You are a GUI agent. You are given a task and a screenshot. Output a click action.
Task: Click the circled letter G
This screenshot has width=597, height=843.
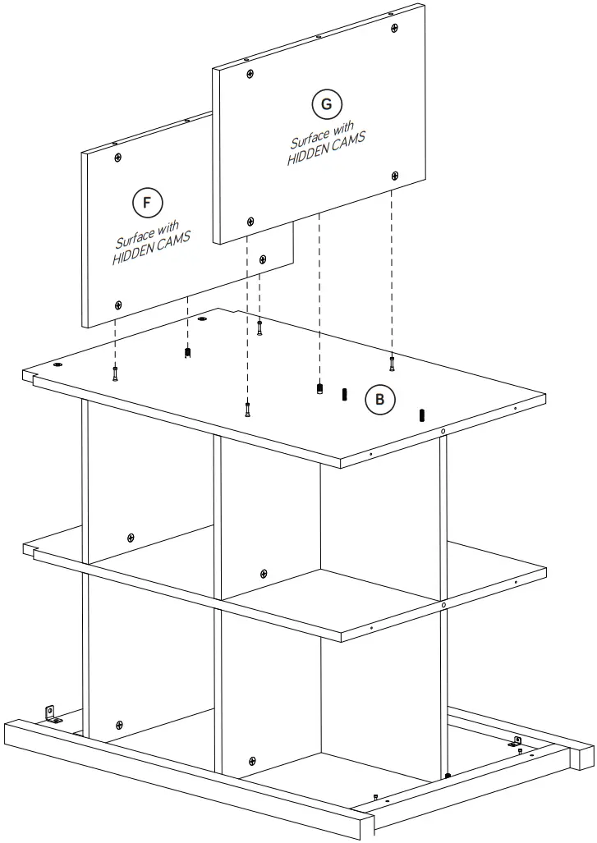coord(327,104)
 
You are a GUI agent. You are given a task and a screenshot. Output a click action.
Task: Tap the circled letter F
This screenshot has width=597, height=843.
coord(147,202)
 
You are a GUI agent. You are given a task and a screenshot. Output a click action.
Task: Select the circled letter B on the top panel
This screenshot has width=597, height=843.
coord(379,400)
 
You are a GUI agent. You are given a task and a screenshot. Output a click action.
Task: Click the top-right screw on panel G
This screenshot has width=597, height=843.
coord(396,28)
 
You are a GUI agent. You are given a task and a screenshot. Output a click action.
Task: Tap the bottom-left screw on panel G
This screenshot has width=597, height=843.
coord(250,221)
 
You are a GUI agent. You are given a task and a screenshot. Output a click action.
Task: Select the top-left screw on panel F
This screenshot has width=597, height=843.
coord(118,157)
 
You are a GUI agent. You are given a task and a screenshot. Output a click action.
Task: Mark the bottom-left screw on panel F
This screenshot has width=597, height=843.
coord(118,304)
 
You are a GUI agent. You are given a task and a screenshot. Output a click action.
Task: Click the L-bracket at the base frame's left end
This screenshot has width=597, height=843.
coord(51,713)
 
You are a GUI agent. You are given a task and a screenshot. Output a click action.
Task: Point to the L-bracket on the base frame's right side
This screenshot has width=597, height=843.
coord(517,743)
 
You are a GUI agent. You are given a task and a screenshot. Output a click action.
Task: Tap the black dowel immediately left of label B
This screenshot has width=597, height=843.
coord(345,395)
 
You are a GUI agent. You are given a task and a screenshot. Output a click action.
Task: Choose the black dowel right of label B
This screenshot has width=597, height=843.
coord(422,415)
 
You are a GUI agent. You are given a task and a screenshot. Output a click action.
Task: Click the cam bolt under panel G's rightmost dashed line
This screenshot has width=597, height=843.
coord(392,361)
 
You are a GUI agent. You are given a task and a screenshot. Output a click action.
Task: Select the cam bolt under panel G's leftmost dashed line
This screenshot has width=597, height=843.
coord(246,409)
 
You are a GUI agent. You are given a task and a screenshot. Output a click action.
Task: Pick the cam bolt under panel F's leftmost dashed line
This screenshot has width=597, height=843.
coord(115,374)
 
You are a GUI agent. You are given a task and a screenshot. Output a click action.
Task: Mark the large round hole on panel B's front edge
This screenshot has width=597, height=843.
coord(443,432)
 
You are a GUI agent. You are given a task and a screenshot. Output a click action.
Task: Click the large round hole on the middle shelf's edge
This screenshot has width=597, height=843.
coord(443,606)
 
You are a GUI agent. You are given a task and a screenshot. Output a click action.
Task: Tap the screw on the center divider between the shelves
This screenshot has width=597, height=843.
coord(263,573)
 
